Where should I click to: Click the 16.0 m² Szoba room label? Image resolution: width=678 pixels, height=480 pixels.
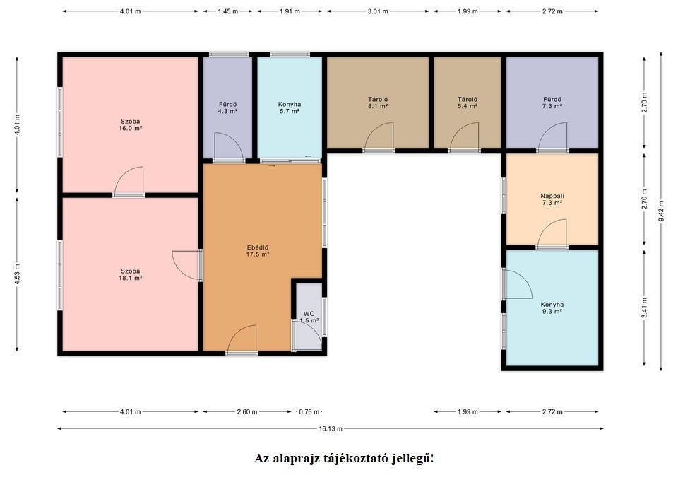click(x=131, y=124)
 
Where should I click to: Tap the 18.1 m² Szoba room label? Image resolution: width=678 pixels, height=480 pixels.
click(x=131, y=274)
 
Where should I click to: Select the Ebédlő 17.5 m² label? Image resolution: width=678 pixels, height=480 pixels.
click(x=258, y=251)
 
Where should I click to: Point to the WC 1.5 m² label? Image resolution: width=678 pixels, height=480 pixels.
click(x=309, y=317)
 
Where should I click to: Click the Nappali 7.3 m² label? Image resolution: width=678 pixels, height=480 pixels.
click(x=552, y=199)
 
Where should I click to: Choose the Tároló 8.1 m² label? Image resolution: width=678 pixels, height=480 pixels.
click(x=377, y=103)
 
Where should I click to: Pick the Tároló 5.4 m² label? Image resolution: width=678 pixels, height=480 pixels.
click(x=468, y=103)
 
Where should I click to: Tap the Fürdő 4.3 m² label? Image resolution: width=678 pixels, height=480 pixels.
click(x=227, y=107)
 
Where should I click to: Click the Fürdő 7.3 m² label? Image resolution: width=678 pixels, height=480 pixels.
click(x=552, y=103)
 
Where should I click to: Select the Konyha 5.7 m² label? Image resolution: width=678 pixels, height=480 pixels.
click(x=290, y=107)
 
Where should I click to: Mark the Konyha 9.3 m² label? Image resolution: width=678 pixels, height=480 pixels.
click(x=552, y=308)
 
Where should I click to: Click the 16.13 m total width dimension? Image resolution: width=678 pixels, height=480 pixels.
click(x=331, y=428)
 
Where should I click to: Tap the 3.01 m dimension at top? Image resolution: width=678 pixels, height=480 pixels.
click(x=377, y=11)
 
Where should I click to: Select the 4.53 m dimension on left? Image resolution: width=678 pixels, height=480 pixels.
click(x=17, y=274)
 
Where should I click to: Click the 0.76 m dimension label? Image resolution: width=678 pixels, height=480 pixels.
click(x=309, y=411)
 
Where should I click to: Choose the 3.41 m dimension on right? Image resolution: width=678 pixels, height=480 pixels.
click(x=644, y=308)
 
